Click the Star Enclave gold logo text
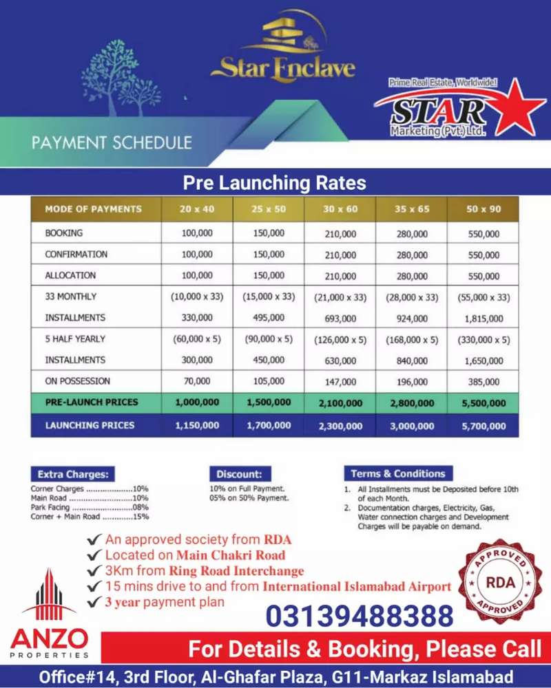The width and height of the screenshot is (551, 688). pos(283,69)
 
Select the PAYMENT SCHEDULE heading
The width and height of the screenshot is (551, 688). pos(111,143)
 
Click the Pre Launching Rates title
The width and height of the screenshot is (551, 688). pos(274,183)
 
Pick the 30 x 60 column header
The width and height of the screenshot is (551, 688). pos(340,209)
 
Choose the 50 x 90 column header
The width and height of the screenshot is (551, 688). pos(483,209)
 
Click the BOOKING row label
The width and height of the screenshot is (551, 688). pos(64,233)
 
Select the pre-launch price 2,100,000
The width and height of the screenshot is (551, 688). pos(340,403)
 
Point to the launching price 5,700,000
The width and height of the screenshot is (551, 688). pos(483,426)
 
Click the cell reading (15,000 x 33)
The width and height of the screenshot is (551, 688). pos(268,297)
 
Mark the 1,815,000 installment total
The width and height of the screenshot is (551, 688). pos(483,319)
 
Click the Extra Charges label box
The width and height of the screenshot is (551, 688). pos(72,474)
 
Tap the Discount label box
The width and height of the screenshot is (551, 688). pos(239,474)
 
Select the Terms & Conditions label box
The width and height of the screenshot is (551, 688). pos(397,473)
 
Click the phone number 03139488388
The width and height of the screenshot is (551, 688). pos(360,615)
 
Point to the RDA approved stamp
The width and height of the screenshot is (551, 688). pos(500,581)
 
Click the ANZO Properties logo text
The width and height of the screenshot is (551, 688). pos(49,641)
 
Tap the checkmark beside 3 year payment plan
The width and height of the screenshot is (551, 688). pos(94,602)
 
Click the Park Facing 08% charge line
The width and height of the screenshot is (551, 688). pos(90,507)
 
